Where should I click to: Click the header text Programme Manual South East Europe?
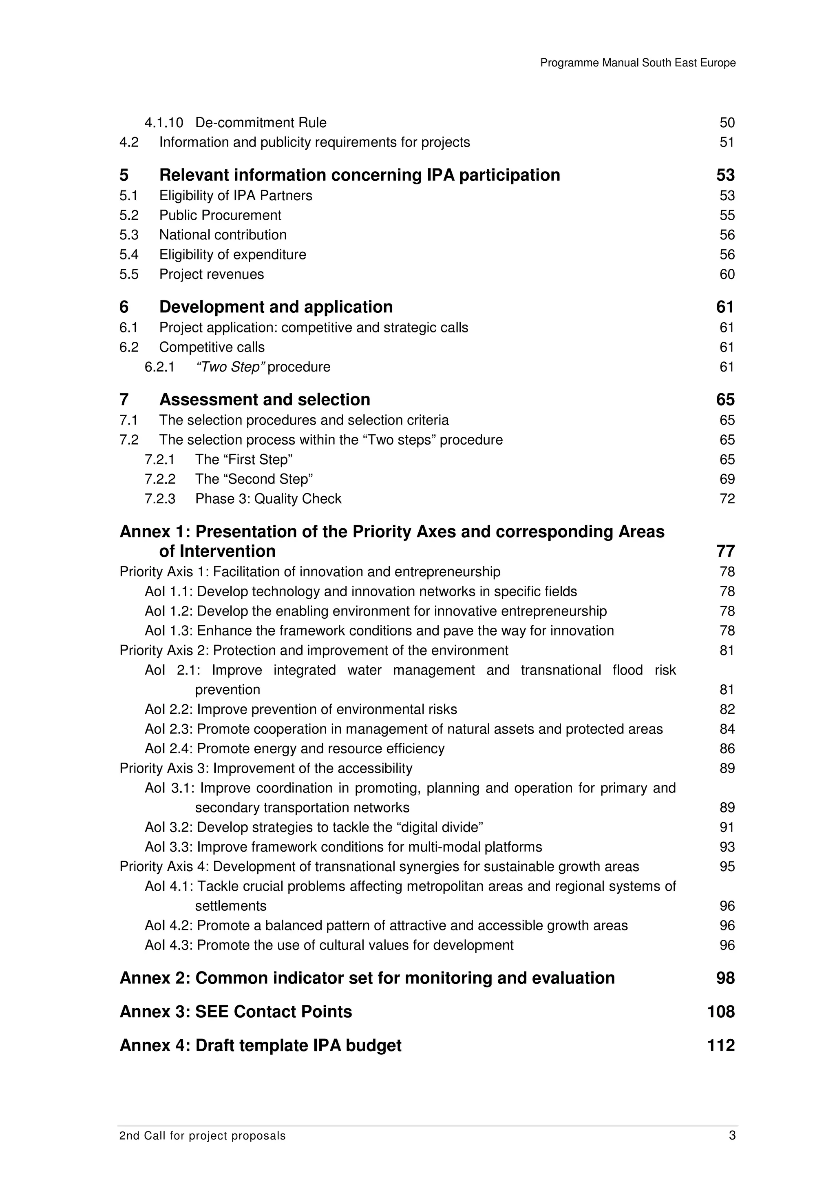pyautogui.click(x=637, y=63)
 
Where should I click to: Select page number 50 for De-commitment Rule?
pyautogui.click(x=727, y=122)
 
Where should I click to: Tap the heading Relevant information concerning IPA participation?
pyautogui.click(x=359, y=175)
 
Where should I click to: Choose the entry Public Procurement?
pyautogui.click(x=220, y=215)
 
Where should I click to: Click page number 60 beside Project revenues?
pyautogui.click(x=727, y=274)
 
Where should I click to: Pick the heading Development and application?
pyautogui.click(x=276, y=307)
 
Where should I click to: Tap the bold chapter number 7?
pyautogui.click(x=124, y=399)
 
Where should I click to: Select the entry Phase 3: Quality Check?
pyautogui.click(x=268, y=499)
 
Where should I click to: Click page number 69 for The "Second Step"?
pyautogui.click(x=727, y=479)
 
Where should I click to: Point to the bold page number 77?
pyautogui.click(x=725, y=551)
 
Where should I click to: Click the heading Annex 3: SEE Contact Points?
pyautogui.click(x=236, y=1012)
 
